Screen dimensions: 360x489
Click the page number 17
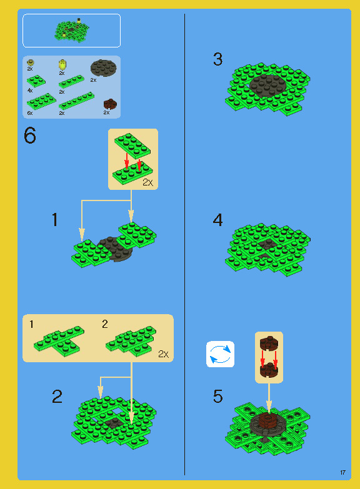click(x=342, y=473)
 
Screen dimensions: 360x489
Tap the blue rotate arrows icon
click(x=220, y=354)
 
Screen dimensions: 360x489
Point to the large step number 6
click(x=30, y=136)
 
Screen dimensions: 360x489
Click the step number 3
click(x=217, y=59)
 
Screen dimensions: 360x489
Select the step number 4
click(x=217, y=220)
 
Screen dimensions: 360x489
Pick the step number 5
click(x=217, y=397)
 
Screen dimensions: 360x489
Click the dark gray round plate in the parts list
click(x=104, y=67)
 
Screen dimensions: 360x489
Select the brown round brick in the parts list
click(x=110, y=104)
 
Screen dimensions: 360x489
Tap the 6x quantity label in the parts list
click(x=30, y=113)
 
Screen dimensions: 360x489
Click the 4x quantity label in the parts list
click(x=30, y=91)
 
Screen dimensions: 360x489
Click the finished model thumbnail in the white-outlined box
click(x=72, y=30)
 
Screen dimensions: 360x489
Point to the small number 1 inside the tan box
click(x=31, y=324)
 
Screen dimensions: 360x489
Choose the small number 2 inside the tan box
click(x=105, y=324)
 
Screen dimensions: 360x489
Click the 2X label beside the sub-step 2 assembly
click(x=164, y=354)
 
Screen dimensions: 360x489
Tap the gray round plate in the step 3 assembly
click(x=268, y=85)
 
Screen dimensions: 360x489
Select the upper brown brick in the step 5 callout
click(x=269, y=343)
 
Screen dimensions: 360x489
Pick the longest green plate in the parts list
click(x=76, y=100)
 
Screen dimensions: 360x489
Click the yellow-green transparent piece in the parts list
click(x=62, y=64)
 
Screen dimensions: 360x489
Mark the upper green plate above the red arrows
click(x=132, y=145)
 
